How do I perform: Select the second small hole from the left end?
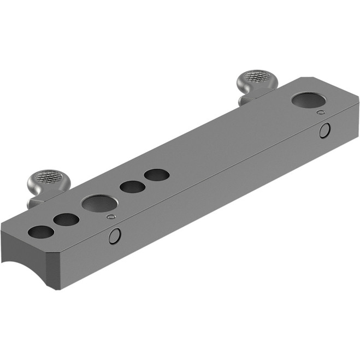tap(66, 220)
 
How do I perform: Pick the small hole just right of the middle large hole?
tap(132, 187)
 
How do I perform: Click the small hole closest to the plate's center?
tap(157, 175)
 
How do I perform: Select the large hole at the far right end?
tap(306, 100)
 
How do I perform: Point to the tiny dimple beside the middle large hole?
tap(111, 217)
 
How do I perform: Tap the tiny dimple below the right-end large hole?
tap(321, 113)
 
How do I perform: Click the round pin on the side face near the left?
tap(114, 236)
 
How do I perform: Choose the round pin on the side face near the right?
tap(325, 130)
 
